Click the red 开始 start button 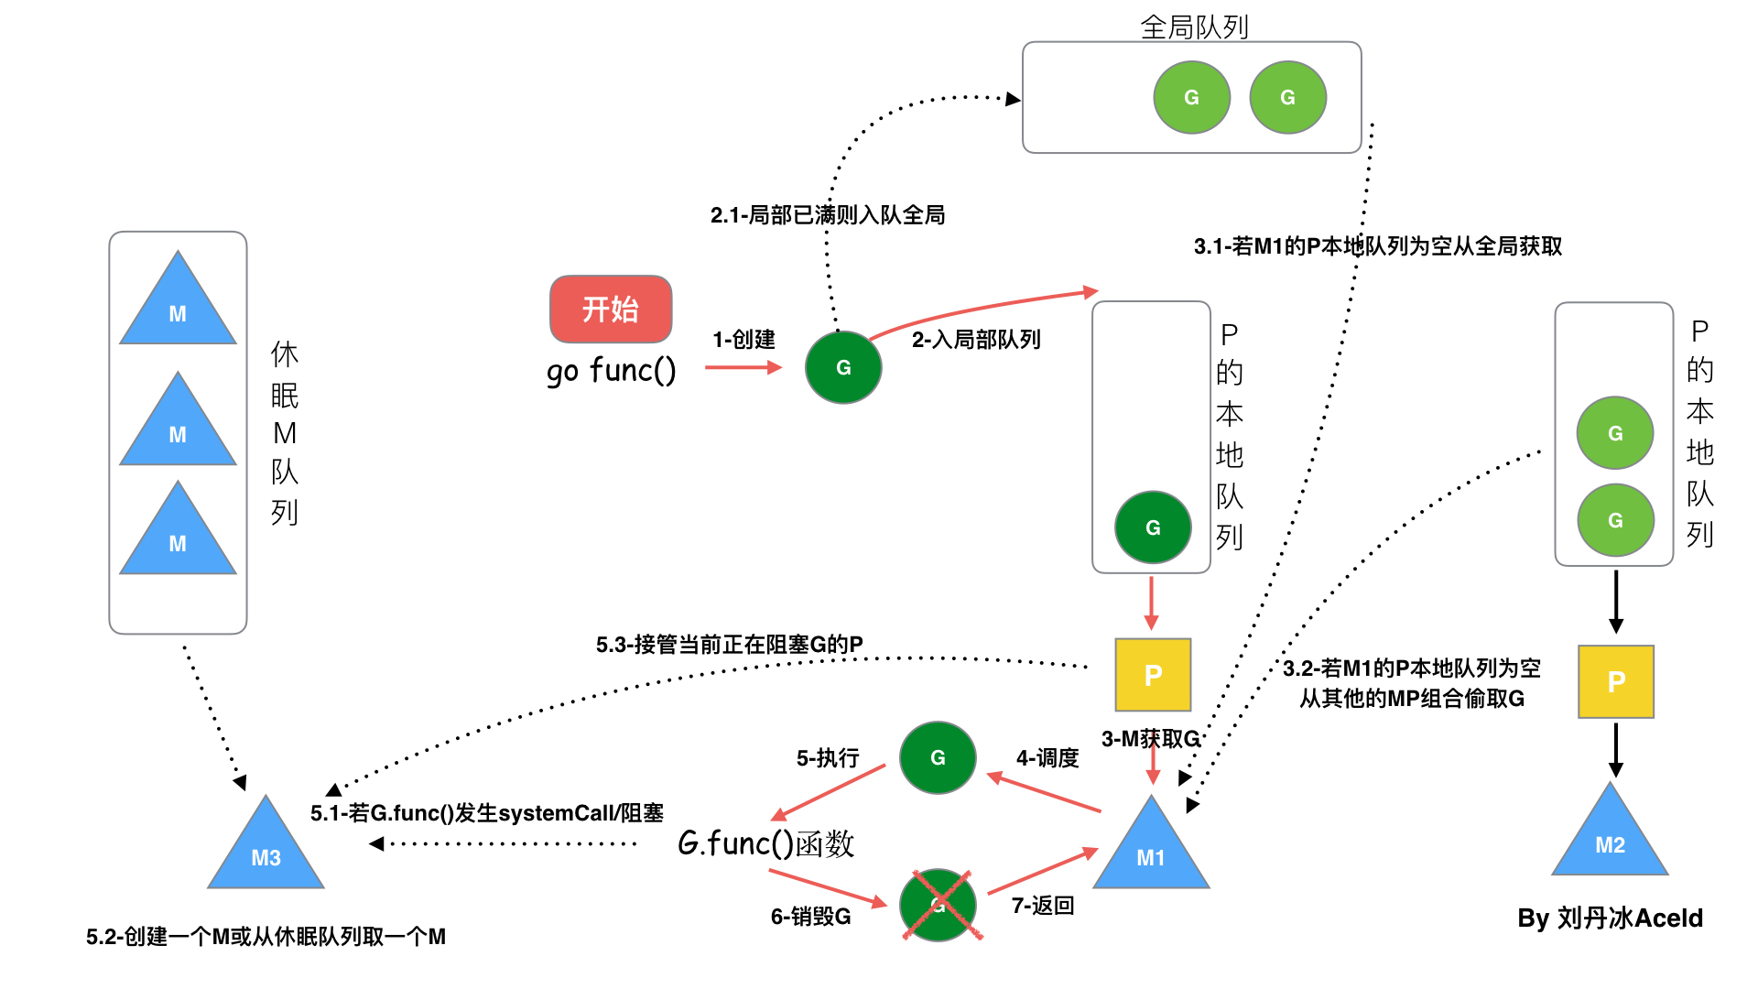(x=611, y=309)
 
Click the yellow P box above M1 (x=1153, y=675)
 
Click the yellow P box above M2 (x=1616, y=681)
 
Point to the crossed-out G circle (x=938, y=905)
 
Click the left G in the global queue (x=1191, y=97)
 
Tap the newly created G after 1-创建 (x=843, y=367)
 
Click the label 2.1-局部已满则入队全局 (x=827, y=215)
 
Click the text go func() (x=611, y=371)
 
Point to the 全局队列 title (x=1194, y=27)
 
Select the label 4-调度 (x=1047, y=758)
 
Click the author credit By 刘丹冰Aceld (x=1610, y=918)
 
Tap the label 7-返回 (x=1042, y=906)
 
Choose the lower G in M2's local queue (x=1615, y=520)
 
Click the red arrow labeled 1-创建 (x=743, y=367)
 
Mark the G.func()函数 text (x=765, y=843)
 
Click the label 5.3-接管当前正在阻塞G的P (x=729, y=645)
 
